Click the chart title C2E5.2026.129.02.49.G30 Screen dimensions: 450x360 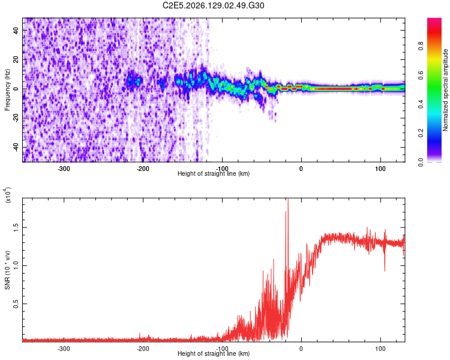click(213, 5)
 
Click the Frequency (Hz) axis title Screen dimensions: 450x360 click(7, 90)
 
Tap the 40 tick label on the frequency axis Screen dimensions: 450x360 click(16, 30)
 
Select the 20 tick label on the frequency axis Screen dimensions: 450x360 click(16, 59)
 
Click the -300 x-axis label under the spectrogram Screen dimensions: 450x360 click(64, 169)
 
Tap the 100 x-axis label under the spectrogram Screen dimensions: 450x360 click(380, 169)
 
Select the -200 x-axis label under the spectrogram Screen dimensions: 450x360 click(143, 169)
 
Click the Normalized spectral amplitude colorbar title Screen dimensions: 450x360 click(445, 90)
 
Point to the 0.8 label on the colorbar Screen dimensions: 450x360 click(421, 46)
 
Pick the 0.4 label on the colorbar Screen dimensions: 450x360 click(421, 104)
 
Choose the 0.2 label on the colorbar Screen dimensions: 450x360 click(421, 133)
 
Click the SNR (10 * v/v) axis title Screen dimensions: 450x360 click(7, 270)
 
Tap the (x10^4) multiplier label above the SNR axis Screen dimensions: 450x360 click(8, 195)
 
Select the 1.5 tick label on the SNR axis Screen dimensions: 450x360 click(16, 227)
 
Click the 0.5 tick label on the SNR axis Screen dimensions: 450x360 click(16, 304)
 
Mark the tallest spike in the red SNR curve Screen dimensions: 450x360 click(288, 199)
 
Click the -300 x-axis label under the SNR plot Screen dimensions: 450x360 click(64, 349)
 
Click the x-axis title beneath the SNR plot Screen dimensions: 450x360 click(214, 353)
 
